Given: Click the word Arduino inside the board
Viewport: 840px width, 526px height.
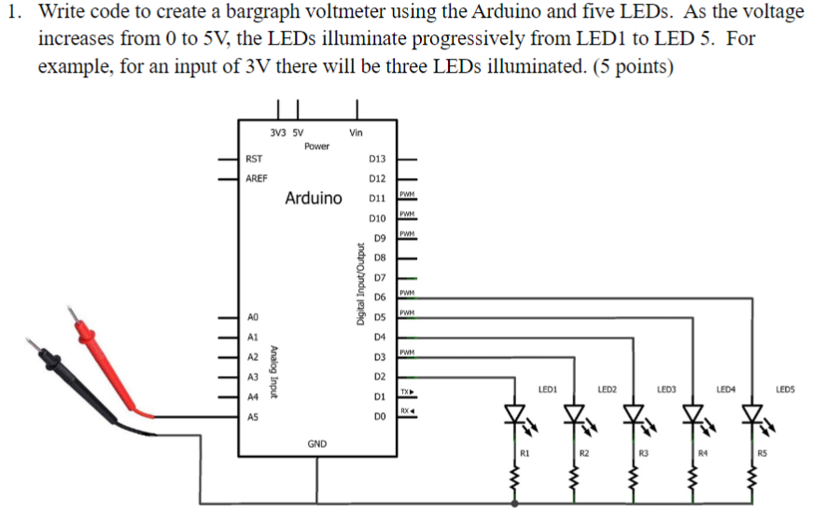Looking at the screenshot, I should click(x=314, y=199).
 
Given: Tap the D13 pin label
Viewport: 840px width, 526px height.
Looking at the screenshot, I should click(x=377, y=159).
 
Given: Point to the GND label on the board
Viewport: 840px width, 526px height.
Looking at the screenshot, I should click(x=317, y=443).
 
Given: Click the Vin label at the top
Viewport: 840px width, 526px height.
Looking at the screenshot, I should click(x=356, y=132).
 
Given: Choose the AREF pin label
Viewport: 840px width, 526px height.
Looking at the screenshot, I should click(x=257, y=178).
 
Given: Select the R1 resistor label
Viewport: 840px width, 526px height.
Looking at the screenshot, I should click(x=525, y=453).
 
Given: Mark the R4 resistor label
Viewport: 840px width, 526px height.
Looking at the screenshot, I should click(x=704, y=453).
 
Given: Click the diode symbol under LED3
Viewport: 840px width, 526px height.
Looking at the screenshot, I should click(x=634, y=413).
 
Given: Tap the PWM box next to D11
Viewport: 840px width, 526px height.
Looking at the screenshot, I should click(x=406, y=194).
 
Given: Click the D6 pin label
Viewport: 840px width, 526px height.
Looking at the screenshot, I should click(x=379, y=297).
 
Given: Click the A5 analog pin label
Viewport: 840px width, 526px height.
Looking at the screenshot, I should click(x=253, y=418).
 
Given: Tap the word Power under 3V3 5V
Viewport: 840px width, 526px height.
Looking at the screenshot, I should click(x=316, y=145).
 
